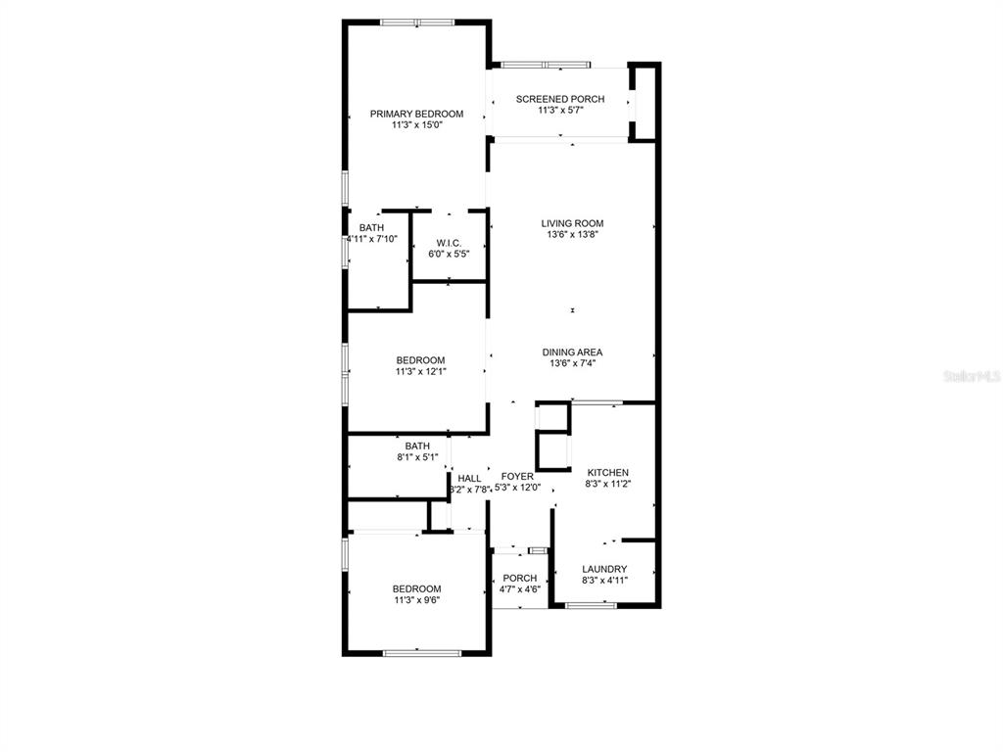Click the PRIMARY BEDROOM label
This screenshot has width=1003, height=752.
coord(416,114)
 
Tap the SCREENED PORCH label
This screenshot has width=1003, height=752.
coord(559,99)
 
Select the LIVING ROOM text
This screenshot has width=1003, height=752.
coord(572,223)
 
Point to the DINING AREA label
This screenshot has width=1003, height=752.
coord(572,352)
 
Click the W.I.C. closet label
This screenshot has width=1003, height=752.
coord(449,243)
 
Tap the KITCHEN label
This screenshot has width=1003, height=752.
coord(607,473)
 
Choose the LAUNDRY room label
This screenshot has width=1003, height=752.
coord(604,569)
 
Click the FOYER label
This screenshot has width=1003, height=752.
coord(517,477)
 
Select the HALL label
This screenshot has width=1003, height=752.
coord(469,478)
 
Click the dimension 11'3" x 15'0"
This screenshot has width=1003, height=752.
coord(417,125)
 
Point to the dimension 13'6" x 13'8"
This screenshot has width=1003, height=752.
coord(572,235)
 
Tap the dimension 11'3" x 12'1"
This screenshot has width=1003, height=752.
coord(420,371)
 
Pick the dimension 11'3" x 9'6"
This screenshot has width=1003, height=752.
coord(417,600)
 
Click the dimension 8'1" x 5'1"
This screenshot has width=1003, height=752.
coord(417,457)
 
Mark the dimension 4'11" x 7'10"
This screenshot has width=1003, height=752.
coord(371,239)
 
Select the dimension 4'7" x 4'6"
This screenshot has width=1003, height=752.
coord(520,589)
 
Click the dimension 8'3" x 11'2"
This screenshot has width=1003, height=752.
coord(608,484)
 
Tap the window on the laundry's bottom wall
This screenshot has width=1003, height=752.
coord(591,605)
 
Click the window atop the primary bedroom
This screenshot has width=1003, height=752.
coord(417,23)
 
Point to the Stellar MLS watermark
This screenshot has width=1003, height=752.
coord(972,376)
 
